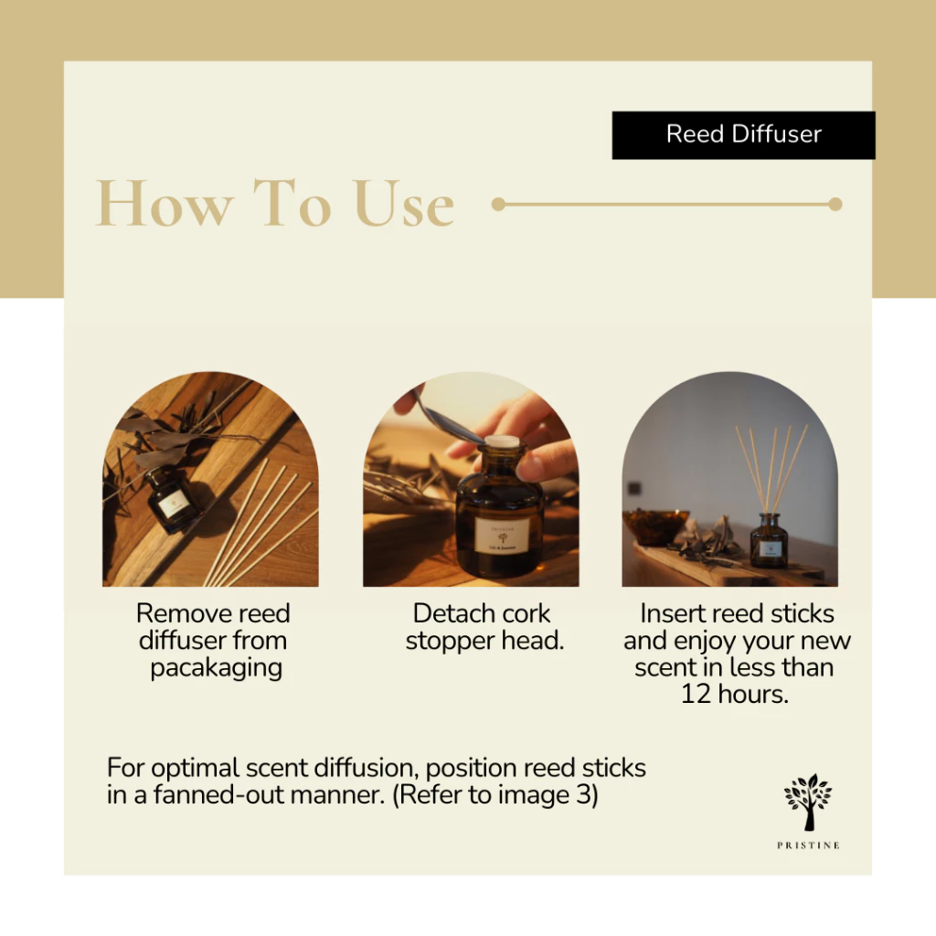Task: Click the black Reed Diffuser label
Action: (x=743, y=135)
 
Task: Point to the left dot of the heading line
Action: (x=498, y=205)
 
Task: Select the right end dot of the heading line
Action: (x=835, y=205)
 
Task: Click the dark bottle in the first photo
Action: (x=173, y=498)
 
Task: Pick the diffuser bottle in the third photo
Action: (x=769, y=541)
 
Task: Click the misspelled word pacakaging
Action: (x=217, y=668)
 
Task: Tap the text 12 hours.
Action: (x=734, y=694)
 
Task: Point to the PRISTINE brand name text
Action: (x=808, y=846)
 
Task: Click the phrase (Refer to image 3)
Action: (x=495, y=795)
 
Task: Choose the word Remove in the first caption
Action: (x=176, y=613)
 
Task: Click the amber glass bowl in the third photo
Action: (x=654, y=526)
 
